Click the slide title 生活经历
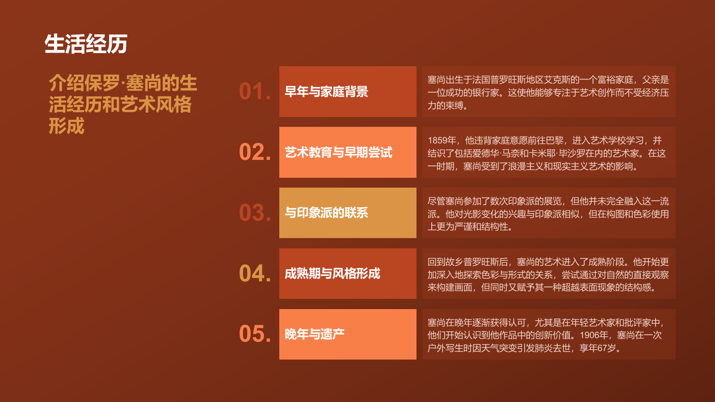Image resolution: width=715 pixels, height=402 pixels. [x=86, y=44]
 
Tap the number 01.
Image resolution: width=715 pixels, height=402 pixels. [x=254, y=92]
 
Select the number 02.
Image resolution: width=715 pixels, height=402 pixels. [x=254, y=152]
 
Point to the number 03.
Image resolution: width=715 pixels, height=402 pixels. [x=254, y=213]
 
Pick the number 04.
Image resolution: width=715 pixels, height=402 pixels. [x=254, y=274]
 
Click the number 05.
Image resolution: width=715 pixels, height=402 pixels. [x=254, y=334]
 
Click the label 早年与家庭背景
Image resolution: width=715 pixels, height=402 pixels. [x=326, y=92]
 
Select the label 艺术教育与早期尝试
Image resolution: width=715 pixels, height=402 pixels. [x=338, y=153]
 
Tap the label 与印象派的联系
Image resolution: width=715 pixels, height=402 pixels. [x=326, y=213]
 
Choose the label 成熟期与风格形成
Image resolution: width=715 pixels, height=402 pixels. [x=332, y=274]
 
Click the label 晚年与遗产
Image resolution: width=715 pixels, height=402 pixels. [x=314, y=334]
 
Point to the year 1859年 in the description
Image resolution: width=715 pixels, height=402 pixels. [x=442, y=141]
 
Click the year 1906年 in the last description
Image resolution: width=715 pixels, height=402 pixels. [x=594, y=335]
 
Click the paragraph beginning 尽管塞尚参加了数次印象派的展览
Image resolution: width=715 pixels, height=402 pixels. [x=548, y=214]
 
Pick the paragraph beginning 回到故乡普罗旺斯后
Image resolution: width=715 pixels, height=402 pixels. [x=548, y=274]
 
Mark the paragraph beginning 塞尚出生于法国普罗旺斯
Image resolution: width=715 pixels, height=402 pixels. [x=548, y=92]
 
